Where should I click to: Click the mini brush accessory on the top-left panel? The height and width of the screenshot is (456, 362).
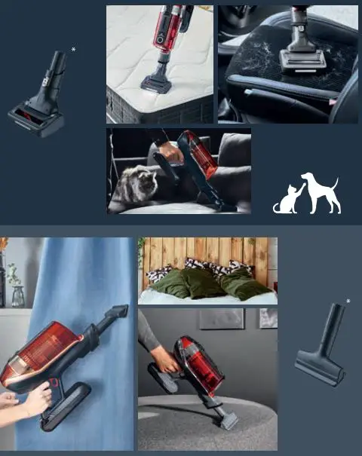39,102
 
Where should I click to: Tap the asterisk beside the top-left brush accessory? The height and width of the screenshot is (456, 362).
73,50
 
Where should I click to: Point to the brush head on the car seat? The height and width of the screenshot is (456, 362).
302,58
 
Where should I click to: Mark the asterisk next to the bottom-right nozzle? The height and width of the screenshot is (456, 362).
348,301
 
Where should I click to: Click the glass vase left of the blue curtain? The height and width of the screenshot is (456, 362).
17,296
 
